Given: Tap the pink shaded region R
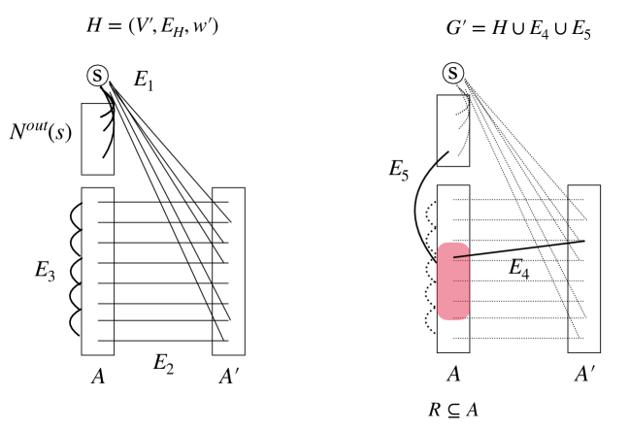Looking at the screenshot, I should click(453, 281).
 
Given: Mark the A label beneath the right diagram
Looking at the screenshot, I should click(453, 374).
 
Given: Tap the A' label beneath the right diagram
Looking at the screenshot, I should click(584, 374).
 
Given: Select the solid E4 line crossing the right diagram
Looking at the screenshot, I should click(524, 247).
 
